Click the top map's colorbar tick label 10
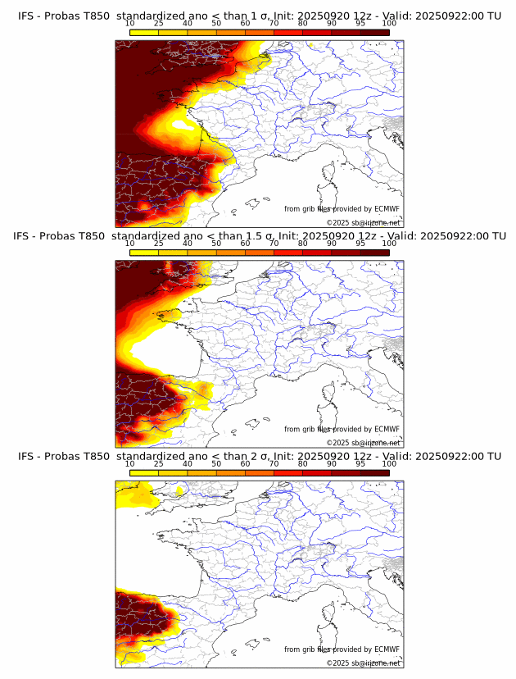(130, 23)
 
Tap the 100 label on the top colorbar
(389, 23)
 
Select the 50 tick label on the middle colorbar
(216, 244)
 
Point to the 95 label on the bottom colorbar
(360, 463)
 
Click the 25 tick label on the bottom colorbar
(159, 463)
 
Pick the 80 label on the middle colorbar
(303, 244)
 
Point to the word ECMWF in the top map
(382, 209)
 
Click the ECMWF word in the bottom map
(382, 649)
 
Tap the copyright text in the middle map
(364, 443)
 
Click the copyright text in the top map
(364, 222)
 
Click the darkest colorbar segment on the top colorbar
(374, 32)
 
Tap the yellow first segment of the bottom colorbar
(144, 472)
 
